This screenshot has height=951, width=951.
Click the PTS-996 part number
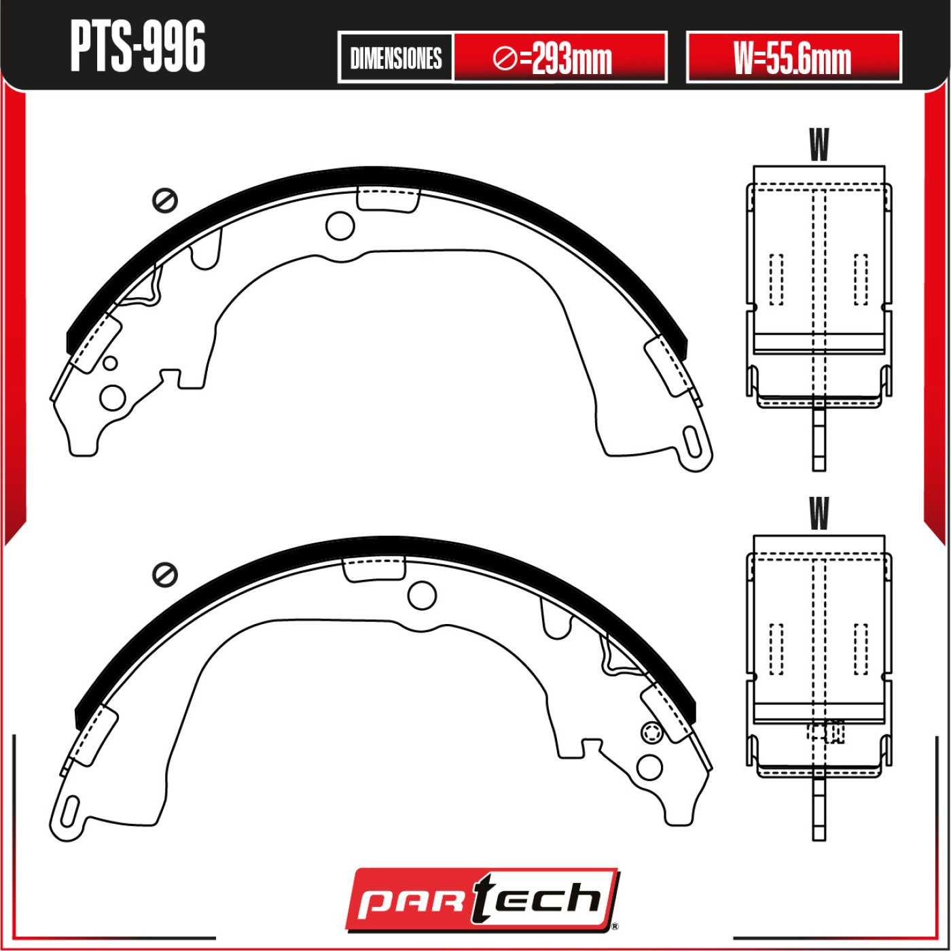[x=138, y=48]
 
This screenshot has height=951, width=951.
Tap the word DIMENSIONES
[x=396, y=58]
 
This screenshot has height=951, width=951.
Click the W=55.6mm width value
[x=793, y=58]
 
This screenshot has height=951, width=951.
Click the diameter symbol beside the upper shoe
[x=165, y=201]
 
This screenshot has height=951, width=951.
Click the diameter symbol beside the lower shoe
[x=165, y=574]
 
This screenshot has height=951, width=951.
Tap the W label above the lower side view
[x=819, y=514]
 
